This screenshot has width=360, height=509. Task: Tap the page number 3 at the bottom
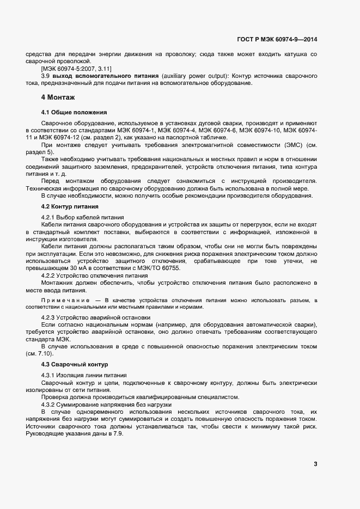tap(315, 464)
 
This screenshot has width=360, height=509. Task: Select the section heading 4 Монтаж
tap(59, 97)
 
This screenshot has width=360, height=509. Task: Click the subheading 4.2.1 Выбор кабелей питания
tap(83, 217)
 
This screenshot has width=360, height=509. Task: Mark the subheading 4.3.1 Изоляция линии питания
tap(84, 376)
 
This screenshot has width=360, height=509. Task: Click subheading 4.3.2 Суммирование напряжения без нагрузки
tap(107, 405)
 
